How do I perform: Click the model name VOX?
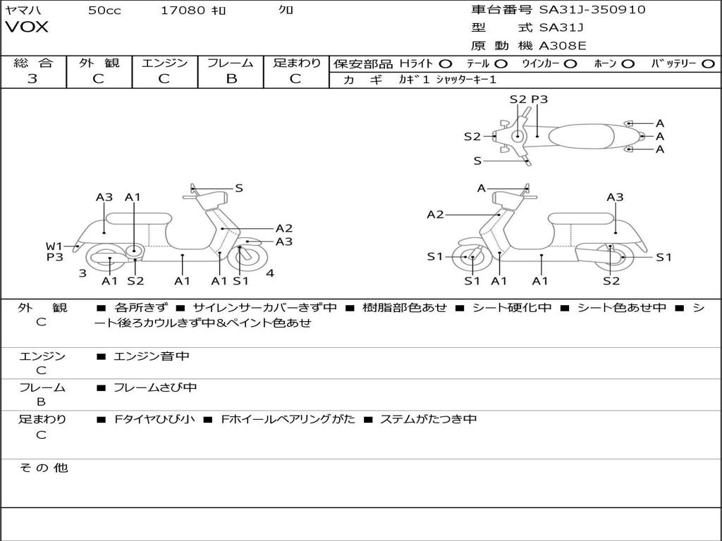(27, 27)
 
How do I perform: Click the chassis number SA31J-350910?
(592, 10)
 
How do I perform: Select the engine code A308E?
(563, 46)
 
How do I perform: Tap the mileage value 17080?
(183, 11)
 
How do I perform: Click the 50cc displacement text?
(104, 11)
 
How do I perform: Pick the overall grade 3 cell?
(32, 79)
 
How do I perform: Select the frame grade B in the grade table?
(231, 79)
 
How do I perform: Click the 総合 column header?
(32, 63)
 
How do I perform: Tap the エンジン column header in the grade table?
(165, 63)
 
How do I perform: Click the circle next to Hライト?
(446, 63)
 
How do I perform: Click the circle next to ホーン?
(628, 63)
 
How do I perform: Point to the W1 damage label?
(54, 246)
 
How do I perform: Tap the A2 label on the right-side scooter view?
(435, 215)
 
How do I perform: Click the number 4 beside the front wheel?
(270, 273)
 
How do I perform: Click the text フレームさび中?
(155, 387)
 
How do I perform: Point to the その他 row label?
(43, 468)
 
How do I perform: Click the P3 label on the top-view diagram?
(539, 99)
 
